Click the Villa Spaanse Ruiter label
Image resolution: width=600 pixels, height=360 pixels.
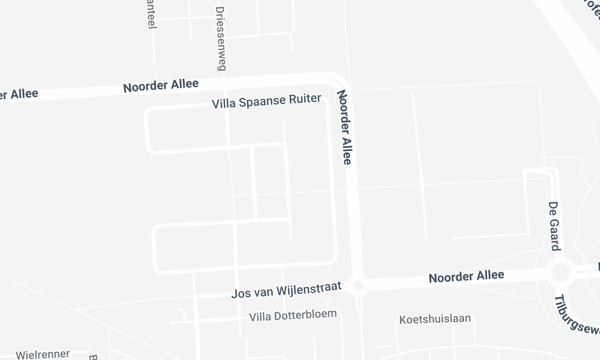tap(267, 102)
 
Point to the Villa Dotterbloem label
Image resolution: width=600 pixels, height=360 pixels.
tap(293, 314)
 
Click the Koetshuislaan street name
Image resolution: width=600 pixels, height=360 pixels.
tap(434, 319)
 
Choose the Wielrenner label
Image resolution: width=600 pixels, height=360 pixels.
tap(41, 353)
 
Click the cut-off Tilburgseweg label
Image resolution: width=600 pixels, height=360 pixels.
tap(574, 314)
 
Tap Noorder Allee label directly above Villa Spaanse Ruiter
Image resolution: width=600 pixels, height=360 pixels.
tap(161, 86)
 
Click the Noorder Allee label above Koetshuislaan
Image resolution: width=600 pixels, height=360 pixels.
tap(467, 276)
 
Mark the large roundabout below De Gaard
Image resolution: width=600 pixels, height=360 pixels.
tap(560, 272)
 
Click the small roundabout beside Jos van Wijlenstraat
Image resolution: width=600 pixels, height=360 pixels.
tap(360, 287)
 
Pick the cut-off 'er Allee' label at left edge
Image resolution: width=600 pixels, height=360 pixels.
tap(19, 94)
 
